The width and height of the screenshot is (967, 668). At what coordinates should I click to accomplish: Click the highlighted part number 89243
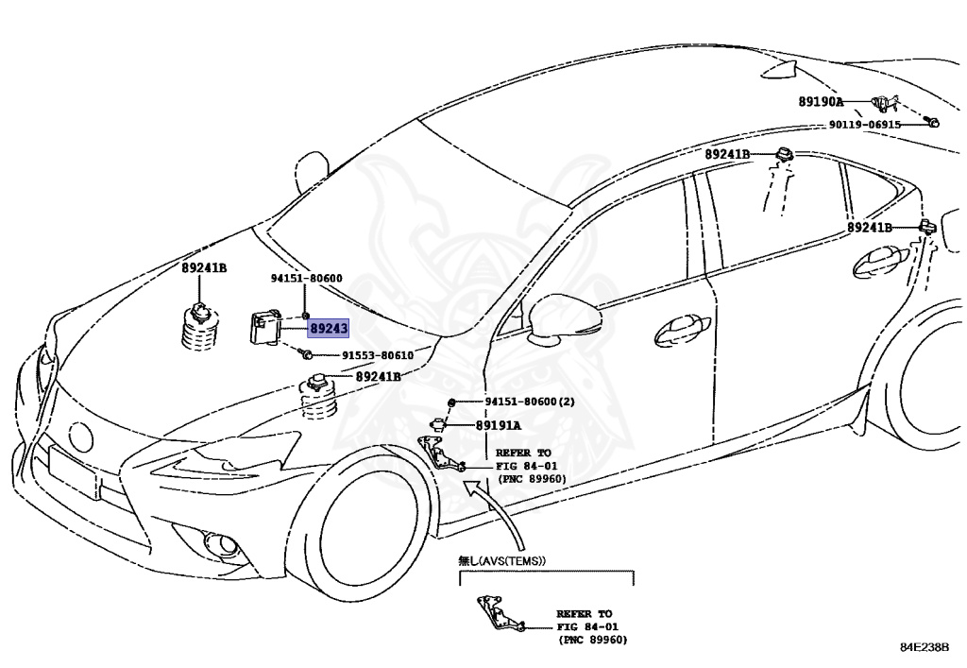(329, 329)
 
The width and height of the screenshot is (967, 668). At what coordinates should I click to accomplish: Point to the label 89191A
(498, 426)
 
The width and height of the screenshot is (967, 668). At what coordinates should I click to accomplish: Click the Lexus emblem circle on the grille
(81, 437)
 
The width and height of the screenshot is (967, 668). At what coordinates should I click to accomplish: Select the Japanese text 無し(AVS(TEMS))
(502, 560)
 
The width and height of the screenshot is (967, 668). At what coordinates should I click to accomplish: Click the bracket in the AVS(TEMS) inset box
(497, 615)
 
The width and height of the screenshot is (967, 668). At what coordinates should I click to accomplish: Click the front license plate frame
(72, 471)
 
